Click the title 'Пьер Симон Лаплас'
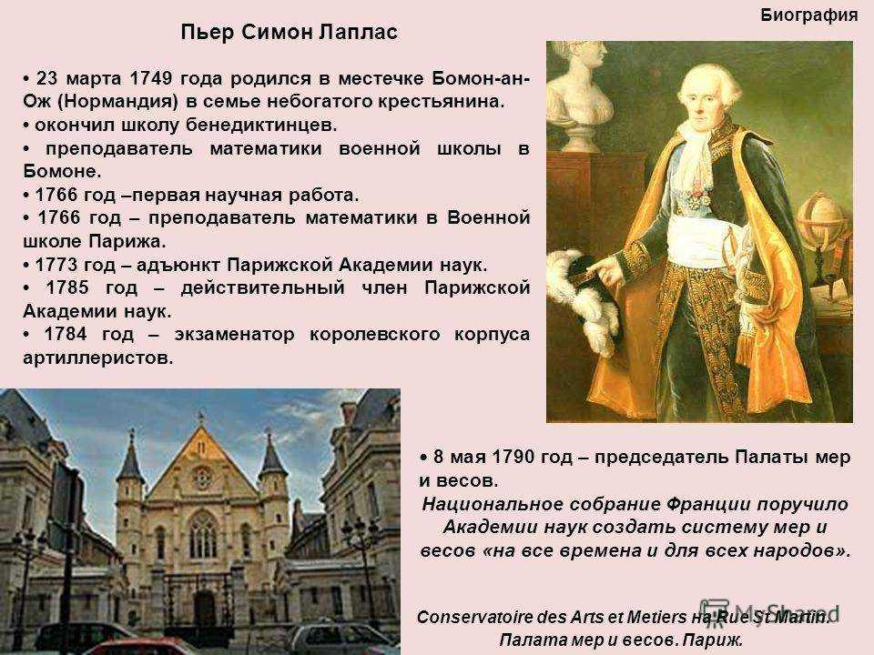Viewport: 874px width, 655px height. point(290,33)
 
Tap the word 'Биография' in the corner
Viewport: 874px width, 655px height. point(808,15)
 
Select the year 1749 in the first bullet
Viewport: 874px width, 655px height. point(150,78)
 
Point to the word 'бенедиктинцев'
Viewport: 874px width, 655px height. point(261,126)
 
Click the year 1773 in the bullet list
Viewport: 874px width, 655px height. point(57,265)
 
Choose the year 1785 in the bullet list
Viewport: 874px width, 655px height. point(67,287)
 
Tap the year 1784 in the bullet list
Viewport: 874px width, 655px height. point(66,334)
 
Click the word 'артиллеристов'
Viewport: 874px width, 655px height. point(98,358)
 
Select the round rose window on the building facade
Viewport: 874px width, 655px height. point(202,478)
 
